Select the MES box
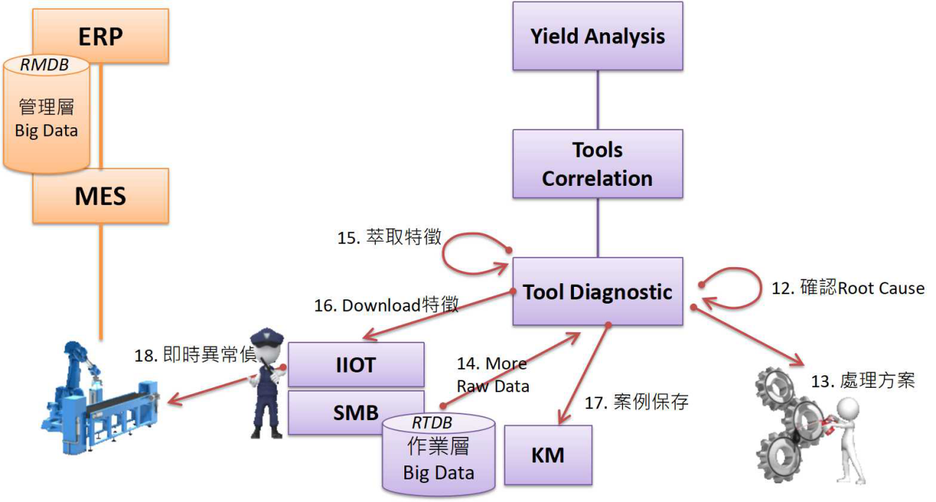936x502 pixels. [101, 196]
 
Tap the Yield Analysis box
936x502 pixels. [597, 36]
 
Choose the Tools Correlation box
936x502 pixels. [597, 164]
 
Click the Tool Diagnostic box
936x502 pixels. [597, 292]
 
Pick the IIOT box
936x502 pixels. [356, 364]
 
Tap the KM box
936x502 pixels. [548, 454]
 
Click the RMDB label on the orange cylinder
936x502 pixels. [45, 65]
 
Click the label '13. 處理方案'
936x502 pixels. [863, 381]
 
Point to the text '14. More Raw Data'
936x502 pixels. [491, 375]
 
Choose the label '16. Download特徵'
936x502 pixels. [386, 305]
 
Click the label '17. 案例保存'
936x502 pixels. [636, 402]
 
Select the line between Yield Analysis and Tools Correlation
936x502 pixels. [597, 100]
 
